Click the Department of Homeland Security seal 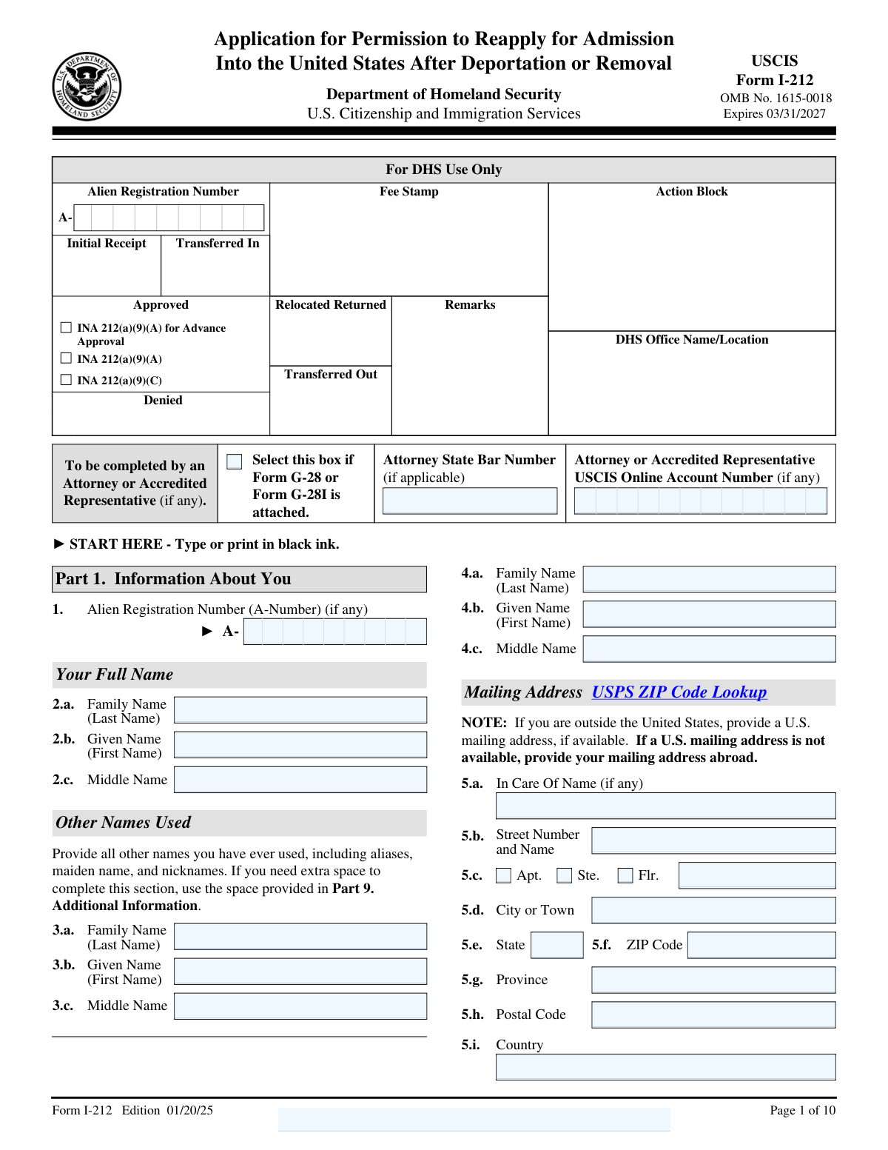[87, 87]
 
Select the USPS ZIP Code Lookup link [679, 692]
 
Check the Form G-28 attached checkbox [235, 461]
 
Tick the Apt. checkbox [503, 875]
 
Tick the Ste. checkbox [565, 875]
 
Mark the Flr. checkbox [625, 875]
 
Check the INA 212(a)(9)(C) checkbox [67, 380]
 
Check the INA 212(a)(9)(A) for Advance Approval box [67, 327]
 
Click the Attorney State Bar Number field [470, 501]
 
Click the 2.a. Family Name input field [300, 710]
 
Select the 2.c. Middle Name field [300, 780]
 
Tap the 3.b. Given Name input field [300, 972]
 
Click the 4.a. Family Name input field [709, 579]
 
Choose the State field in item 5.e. [557, 945]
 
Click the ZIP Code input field [761, 945]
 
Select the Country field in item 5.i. [665, 1067]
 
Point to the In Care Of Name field [665, 806]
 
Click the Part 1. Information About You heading [173, 579]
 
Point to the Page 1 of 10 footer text [802, 1110]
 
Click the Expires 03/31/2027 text [774, 113]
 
